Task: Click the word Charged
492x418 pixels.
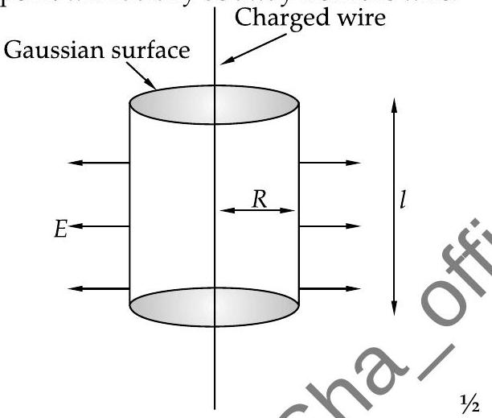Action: point(273,15)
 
